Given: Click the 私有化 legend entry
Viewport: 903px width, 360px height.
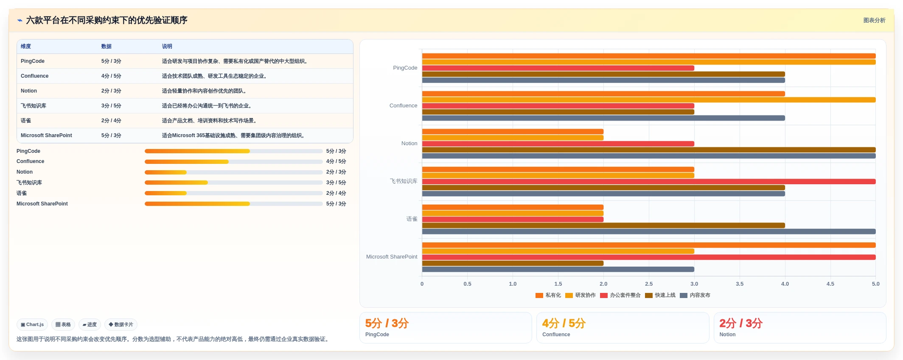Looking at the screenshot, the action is pyautogui.click(x=548, y=295).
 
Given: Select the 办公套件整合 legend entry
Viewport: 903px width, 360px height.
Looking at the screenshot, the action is pyautogui.click(x=620, y=295).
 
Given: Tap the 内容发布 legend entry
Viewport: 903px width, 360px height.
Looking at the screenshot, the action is pyautogui.click(x=695, y=295).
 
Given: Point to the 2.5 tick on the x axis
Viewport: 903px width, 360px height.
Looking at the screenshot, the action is pyautogui.click(x=649, y=284).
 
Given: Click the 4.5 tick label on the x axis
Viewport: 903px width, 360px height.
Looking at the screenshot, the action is pyautogui.click(x=830, y=284).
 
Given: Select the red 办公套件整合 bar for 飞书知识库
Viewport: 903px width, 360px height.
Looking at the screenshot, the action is pyautogui.click(x=649, y=182).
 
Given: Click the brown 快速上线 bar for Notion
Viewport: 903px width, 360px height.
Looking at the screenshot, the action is pyautogui.click(x=649, y=150).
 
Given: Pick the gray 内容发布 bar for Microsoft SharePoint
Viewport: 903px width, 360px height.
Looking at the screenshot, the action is pyautogui.click(x=558, y=270).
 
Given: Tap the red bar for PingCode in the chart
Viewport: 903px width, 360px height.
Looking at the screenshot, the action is pyautogui.click(x=558, y=68).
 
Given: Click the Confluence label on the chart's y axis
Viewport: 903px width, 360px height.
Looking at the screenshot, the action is pyautogui.click(x=403, y=106).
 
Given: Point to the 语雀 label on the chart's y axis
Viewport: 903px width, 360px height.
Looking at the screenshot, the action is pyautogui.click(x=412, y=219).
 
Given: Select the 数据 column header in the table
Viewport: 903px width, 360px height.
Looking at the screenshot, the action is pyautogui.click(x=107, y=47).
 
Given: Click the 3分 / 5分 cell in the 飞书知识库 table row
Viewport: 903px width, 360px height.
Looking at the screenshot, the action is pyautogui.click(x=111, y=106).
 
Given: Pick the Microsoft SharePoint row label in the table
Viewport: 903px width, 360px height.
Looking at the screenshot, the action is pyautogui.click(x=46, y=135).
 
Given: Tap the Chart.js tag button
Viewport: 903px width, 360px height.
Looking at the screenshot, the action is pyautogui.click(x=32, y=325).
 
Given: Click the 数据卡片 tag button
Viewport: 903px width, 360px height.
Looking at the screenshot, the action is pyautogui.click(x=121, y=325).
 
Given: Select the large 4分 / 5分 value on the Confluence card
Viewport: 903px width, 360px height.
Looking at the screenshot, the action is pyautogui.click(x=564, y=323).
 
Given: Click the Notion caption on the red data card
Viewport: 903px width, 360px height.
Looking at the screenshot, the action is pyautogui.click(x=727, y=335).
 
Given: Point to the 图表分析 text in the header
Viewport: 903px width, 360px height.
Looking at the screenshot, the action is pyautogui.click(x=874, y=20).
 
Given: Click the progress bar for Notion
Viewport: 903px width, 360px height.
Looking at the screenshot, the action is pyautogui.click(x=234, y=172).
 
